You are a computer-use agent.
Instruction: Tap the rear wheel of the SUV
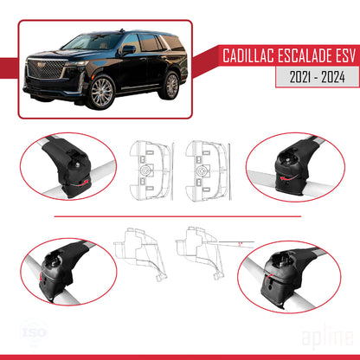point(172,85)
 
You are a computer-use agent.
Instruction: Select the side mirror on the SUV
point(127,49)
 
